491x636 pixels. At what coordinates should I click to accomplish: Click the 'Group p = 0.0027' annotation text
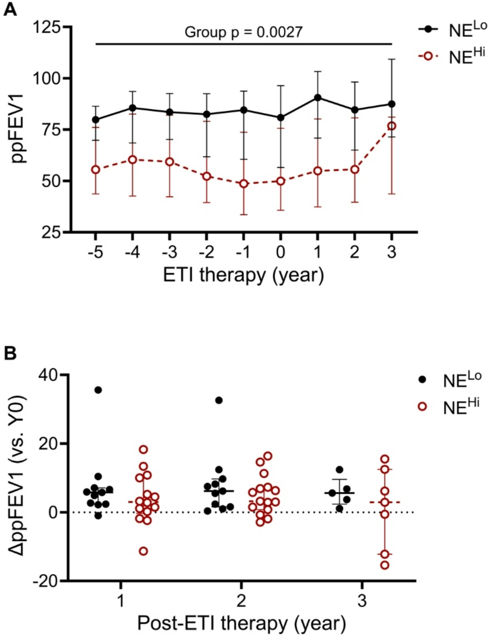(x=243, y=32)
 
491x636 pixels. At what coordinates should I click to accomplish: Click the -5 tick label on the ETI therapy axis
(x=95, y=252)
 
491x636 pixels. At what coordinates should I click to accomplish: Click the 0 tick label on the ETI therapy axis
(x=280, y=252)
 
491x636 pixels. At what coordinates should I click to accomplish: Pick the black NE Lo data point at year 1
(x=318, y=98)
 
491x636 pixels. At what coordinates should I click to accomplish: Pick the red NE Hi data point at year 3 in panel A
(x=392, y=126)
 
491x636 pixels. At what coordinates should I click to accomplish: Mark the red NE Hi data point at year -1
(x=243, y=184)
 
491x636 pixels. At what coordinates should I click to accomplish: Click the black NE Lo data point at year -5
(x=95, y=120)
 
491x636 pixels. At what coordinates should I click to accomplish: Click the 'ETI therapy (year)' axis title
(x=243, y=275)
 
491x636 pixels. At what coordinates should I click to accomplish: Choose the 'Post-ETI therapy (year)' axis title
(x=242, y=623)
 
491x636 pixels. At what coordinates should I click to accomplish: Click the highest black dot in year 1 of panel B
(x=98, y=390)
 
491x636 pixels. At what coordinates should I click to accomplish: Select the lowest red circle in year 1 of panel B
(x=143, y=551)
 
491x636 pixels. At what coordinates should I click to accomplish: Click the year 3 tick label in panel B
(x=362, y=600)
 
